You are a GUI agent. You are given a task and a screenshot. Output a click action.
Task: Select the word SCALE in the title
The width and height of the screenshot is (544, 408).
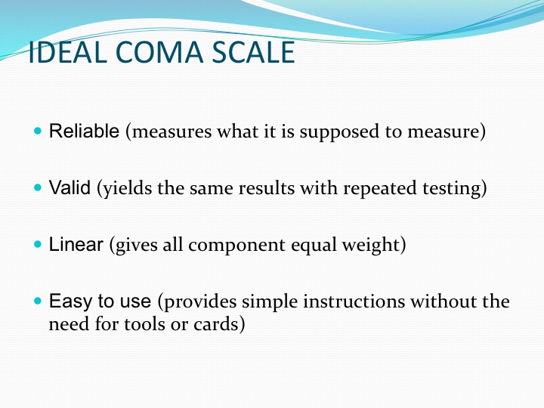tap(253, 52)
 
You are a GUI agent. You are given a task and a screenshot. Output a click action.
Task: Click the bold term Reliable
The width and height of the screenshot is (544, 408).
tap(84, 131)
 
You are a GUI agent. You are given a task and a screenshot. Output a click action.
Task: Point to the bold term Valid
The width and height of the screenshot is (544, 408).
tap(70, 187)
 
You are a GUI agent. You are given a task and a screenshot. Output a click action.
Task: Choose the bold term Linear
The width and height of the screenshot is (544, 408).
tap(76, 244)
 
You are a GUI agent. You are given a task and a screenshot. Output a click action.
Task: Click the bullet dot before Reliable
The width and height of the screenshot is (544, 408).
tap(38, 131)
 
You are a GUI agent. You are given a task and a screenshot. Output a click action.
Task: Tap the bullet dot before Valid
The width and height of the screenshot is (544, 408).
tap(38, 187)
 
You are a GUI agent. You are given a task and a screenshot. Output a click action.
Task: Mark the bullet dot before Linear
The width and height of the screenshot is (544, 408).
tap(38, 244)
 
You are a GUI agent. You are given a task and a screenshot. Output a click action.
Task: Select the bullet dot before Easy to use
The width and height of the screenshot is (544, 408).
tap(38, 301)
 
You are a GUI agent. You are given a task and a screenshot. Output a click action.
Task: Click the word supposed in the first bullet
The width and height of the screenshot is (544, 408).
tap(339, 132)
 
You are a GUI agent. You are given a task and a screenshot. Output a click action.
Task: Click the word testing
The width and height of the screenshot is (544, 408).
tap(451, 189)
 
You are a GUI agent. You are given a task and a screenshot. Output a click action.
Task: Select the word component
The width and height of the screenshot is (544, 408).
tap(236, 246)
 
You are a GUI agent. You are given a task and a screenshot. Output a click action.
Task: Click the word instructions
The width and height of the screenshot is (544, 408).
tap(354, 301)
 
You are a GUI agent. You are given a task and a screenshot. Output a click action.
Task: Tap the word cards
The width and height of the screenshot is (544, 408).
tap(213, 324)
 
